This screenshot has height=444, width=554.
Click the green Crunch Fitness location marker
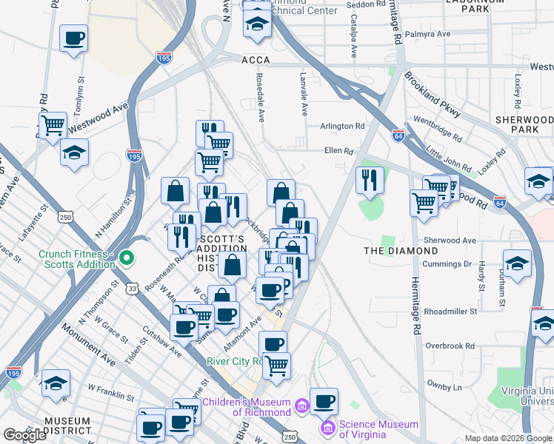127,258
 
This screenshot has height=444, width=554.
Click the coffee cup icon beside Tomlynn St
73,38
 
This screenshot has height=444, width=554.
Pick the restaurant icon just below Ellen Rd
369,179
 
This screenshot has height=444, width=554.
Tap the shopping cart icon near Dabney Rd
53,125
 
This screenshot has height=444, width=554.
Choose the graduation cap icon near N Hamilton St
74,152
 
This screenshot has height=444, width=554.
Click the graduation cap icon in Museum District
56,383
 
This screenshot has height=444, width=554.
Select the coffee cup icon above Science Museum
324,402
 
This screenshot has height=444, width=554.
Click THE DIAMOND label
401,251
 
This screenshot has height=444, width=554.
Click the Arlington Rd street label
342,127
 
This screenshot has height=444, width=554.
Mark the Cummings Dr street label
447,263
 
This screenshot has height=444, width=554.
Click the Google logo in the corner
24,435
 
